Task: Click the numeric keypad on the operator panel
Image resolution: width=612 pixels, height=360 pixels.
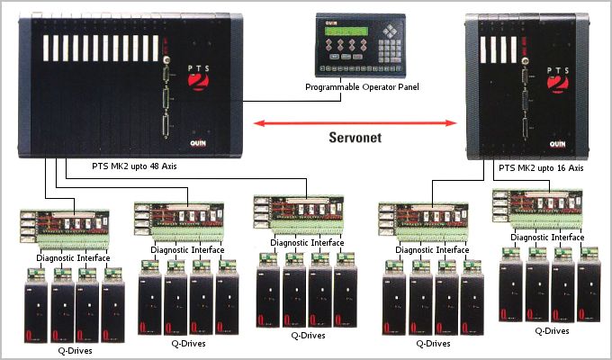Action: coord(392,47)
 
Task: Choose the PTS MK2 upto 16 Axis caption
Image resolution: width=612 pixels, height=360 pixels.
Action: coord(540,167)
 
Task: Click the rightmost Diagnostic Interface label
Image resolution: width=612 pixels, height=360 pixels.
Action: coord(548,238)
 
